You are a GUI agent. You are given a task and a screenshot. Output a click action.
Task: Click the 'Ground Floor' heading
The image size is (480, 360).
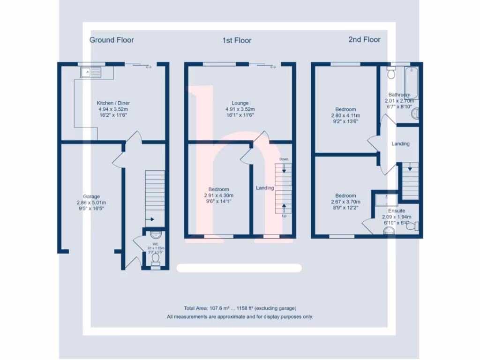112,40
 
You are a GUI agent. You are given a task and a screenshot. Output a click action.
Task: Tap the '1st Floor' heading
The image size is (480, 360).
237,40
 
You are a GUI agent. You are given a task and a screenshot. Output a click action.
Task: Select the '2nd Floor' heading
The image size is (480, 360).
364,39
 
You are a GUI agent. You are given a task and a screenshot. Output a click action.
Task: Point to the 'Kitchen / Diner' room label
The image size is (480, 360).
113,103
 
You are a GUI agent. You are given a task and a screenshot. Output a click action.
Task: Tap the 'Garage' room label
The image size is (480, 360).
91,196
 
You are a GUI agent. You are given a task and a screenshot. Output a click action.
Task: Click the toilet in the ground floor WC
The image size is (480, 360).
156,259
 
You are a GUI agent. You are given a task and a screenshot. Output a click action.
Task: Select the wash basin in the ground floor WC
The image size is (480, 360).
156,236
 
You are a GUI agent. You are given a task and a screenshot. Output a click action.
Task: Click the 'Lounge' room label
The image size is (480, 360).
240,103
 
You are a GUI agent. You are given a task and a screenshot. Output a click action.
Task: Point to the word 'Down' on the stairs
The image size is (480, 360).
284,159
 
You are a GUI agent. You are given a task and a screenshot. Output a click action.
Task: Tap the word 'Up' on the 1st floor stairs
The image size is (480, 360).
284,216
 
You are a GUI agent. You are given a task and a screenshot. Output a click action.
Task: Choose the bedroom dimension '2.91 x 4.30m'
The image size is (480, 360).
218,195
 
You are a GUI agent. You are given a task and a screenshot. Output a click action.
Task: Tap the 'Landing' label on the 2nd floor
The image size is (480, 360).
400,144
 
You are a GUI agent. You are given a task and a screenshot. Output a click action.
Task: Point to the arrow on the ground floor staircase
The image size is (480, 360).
151,218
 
